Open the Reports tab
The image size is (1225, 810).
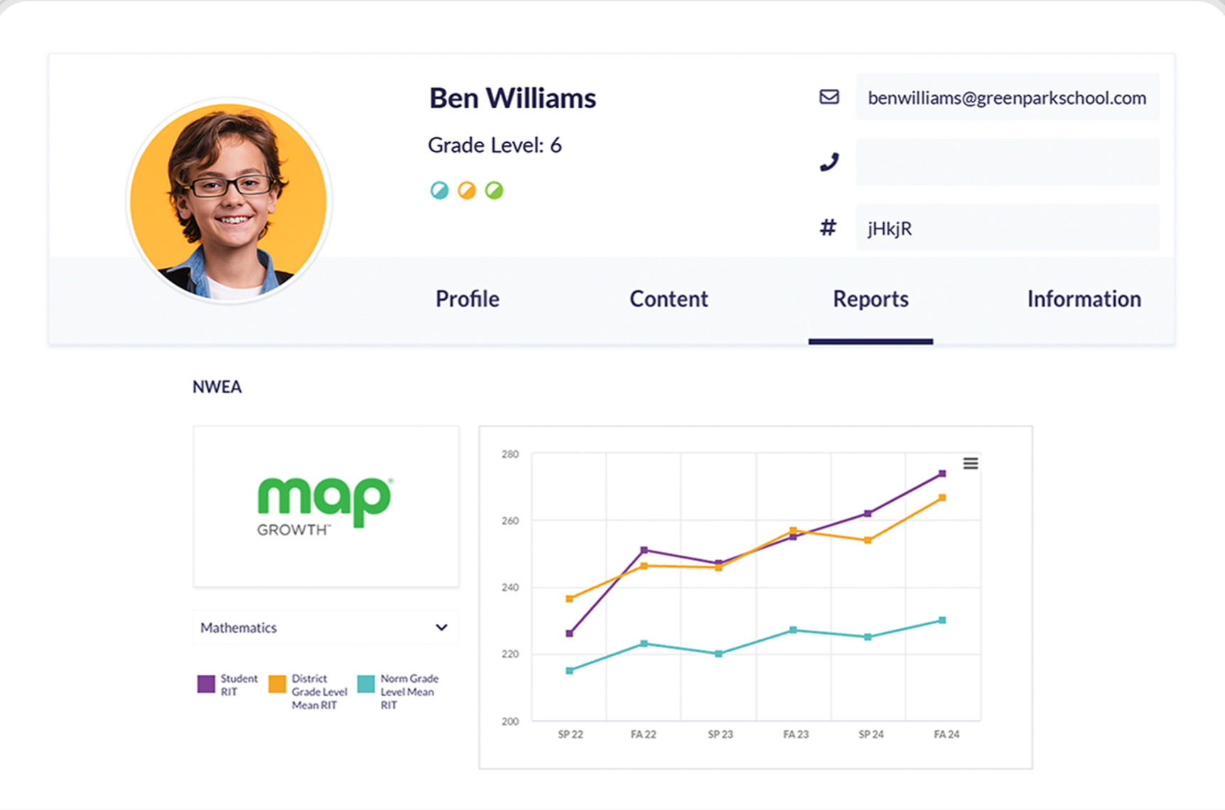[x=870, y=299]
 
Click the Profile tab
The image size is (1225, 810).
[x=467, y=299]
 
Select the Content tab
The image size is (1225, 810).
[x=669, y=299]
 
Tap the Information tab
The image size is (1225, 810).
[x=1084, y=299]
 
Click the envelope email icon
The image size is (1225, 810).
[x=829, y=97]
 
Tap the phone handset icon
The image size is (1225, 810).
[x=829, y=163]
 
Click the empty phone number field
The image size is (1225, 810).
[x=1007, y=163]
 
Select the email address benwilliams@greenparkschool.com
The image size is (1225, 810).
[x=1007, y=98]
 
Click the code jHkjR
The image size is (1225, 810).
[x=890, y=229]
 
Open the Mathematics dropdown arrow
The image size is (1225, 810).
[x=441, y=627]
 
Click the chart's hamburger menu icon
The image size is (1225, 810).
[x=971, y=464]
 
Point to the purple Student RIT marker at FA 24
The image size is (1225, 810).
[x=942, y=473]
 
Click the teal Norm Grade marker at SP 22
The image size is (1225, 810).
[x=569, y=671]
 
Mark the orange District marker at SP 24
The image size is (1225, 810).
[x=868, y=540]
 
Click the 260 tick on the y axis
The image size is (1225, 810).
[x=510, y=521]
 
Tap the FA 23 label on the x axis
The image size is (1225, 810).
[x=796, y=735]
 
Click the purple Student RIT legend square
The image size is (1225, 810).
[x=206, y=684]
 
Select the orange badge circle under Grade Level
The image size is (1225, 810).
[x=467, y=190]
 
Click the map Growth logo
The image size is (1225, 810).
[x=324, y=505]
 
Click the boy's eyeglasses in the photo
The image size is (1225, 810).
[x=231, y=186]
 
